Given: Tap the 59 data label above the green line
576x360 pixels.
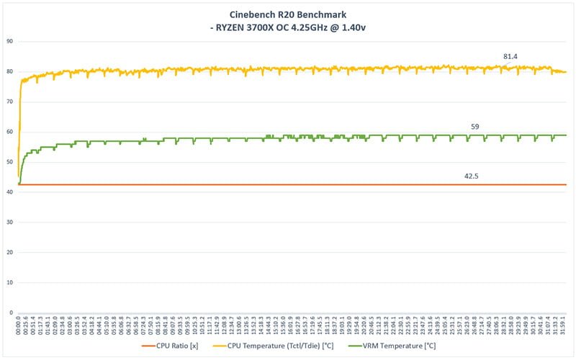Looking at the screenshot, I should coord(475,127).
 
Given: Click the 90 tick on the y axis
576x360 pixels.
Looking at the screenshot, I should coord(10,41).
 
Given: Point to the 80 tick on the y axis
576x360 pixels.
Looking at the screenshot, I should coord(10,71).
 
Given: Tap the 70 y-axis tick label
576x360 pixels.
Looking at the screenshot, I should coord(10,102).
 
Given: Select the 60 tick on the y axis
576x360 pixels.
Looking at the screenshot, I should coord(10,132).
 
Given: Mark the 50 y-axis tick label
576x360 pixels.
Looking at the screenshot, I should coord(10,162).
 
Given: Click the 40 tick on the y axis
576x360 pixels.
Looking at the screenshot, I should coord(10,192).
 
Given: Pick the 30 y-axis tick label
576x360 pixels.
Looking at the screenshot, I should coord(10,222).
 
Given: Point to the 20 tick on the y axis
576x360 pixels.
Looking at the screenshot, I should coord(10,253).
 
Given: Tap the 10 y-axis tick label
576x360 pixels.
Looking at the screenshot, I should coord(10,283).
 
